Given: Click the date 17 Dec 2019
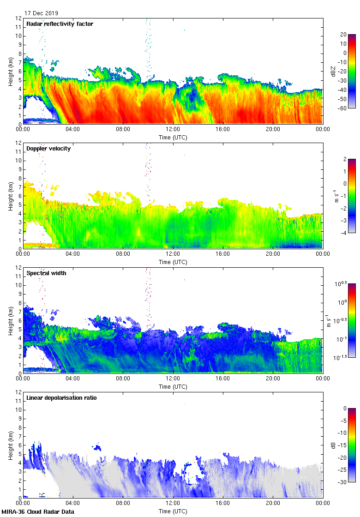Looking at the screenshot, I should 42,13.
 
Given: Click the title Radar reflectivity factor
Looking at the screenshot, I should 60,24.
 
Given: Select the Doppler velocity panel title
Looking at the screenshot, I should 48,149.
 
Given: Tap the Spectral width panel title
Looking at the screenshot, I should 46,273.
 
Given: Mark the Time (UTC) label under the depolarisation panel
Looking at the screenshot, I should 173,511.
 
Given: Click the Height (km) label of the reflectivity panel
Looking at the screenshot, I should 10,71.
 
